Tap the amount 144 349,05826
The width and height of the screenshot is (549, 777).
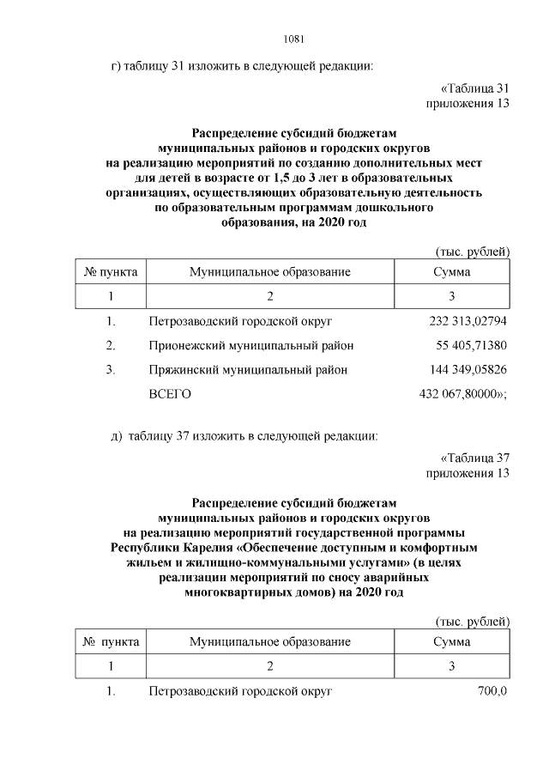coord(468,370)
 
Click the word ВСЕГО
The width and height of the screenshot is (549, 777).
coord(170,394)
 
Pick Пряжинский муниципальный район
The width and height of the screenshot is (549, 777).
coord(248,370)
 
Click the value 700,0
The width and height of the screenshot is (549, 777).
coord(493,691)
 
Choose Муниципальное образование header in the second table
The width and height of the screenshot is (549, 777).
coord(270,641)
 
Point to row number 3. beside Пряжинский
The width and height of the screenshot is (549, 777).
coord(111,370)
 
